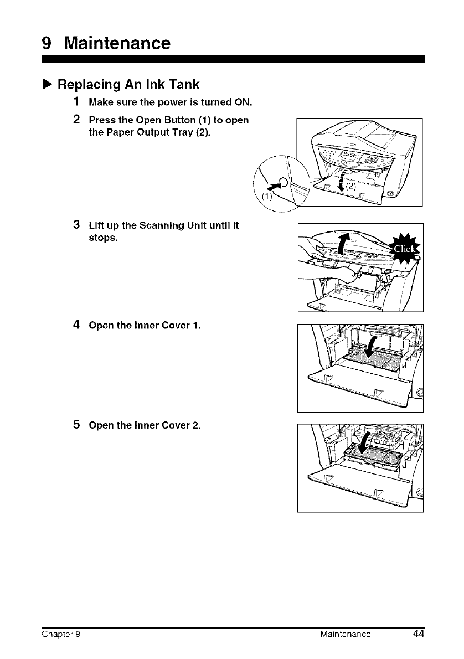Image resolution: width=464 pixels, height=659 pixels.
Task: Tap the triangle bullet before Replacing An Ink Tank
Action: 48,85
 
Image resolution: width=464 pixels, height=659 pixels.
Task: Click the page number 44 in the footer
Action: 418,634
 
